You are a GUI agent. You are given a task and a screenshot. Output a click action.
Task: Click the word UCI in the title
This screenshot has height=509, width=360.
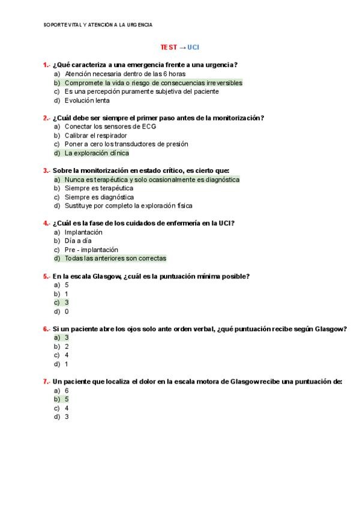coord(193,47)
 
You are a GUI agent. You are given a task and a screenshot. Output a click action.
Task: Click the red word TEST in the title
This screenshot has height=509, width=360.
coord(169,47)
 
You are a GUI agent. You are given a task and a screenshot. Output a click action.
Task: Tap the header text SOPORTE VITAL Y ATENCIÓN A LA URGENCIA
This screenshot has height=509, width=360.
coord(98,25)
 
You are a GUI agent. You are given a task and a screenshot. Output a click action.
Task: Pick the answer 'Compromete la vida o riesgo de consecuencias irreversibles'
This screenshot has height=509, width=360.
coord(153,83)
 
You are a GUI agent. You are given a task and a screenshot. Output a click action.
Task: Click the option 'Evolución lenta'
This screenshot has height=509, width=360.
coord(87,100)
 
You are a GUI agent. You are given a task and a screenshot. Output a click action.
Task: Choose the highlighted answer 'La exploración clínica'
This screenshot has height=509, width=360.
coord(97,153)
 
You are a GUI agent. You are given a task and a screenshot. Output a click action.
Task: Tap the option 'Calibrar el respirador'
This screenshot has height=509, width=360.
coord(95,136)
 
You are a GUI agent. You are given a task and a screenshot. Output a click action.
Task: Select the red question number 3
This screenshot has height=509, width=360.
coord(46,170)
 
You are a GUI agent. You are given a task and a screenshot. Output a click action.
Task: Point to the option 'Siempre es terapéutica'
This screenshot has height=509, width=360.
coord(99,188)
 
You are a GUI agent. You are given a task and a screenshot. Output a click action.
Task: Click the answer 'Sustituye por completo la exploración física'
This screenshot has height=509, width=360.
coord(128,206)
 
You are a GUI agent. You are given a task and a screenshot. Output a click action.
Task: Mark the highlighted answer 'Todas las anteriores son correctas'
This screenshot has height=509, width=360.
coord(115,258)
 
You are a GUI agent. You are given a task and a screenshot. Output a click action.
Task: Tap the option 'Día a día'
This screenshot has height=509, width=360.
coord(78,241)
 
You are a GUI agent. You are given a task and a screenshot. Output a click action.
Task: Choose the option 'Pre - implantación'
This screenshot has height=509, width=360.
coord(91,250)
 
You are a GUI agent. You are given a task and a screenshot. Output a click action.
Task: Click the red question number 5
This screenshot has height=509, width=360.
coord(46,276)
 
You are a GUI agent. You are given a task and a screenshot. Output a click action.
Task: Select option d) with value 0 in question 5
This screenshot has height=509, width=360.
coord(67,312)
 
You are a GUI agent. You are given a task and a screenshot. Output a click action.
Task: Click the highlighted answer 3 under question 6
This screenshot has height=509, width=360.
coord(67,337)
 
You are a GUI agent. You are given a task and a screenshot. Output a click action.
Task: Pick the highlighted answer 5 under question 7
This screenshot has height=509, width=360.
coord(67,399)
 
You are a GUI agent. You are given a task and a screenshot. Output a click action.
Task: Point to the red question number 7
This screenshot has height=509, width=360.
coord(46,381)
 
